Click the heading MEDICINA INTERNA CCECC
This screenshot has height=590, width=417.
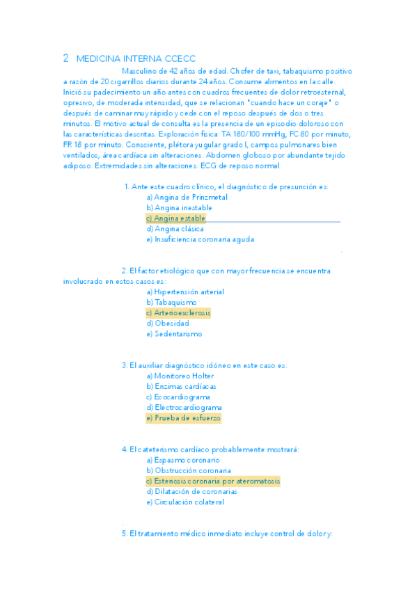(136, 59)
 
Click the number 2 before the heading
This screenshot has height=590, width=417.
(65, 59)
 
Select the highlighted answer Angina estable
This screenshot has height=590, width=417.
(176, 218)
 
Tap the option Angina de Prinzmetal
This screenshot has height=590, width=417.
(187, 197)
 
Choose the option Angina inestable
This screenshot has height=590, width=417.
(180, 207)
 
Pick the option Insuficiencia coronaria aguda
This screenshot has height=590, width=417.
(200, 239)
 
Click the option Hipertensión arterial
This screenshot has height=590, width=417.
(185, 292)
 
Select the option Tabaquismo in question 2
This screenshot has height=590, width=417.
(171, 303)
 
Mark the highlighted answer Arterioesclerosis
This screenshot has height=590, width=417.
(178, 313)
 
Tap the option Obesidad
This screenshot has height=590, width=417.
(168, 324)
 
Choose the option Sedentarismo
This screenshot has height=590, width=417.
(174, 334)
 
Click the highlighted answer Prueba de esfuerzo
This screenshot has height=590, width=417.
(183, 418)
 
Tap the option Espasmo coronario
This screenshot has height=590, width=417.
(183, 460)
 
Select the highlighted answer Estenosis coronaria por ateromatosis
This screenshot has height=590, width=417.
(213, 481)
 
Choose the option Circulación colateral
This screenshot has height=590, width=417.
(185, 502)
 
